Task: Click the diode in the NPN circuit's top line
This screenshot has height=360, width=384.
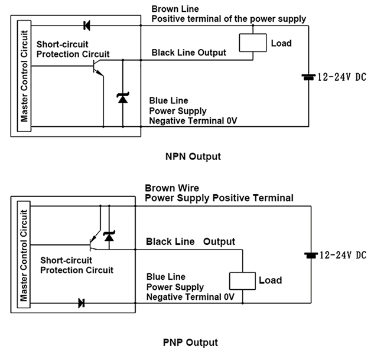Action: point(87,25)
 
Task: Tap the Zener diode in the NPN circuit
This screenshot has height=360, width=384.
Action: point(122,98)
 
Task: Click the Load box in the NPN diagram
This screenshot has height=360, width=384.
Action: point(252,44)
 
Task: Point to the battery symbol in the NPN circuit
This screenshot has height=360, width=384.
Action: point(308,77)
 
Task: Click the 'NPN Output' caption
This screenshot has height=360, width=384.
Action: point(193,156)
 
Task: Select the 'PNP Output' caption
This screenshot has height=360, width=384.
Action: point(190,342)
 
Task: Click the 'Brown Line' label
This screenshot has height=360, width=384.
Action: point(175,9)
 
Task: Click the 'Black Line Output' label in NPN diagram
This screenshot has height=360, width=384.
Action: point(189,53)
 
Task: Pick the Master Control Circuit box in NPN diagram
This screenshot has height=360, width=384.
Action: point(24,76)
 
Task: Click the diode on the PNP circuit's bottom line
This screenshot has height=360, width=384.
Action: point(81,303)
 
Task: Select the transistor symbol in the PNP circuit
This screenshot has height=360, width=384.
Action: point(95,240)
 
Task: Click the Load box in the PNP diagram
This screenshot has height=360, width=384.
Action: point(242,280)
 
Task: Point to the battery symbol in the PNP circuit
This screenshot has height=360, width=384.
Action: point(308,256)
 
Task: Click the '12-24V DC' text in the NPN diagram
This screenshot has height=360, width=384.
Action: point(342,77)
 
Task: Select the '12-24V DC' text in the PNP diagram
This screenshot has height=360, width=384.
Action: point(342,256)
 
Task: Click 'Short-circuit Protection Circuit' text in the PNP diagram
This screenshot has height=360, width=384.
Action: point(77,265)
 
